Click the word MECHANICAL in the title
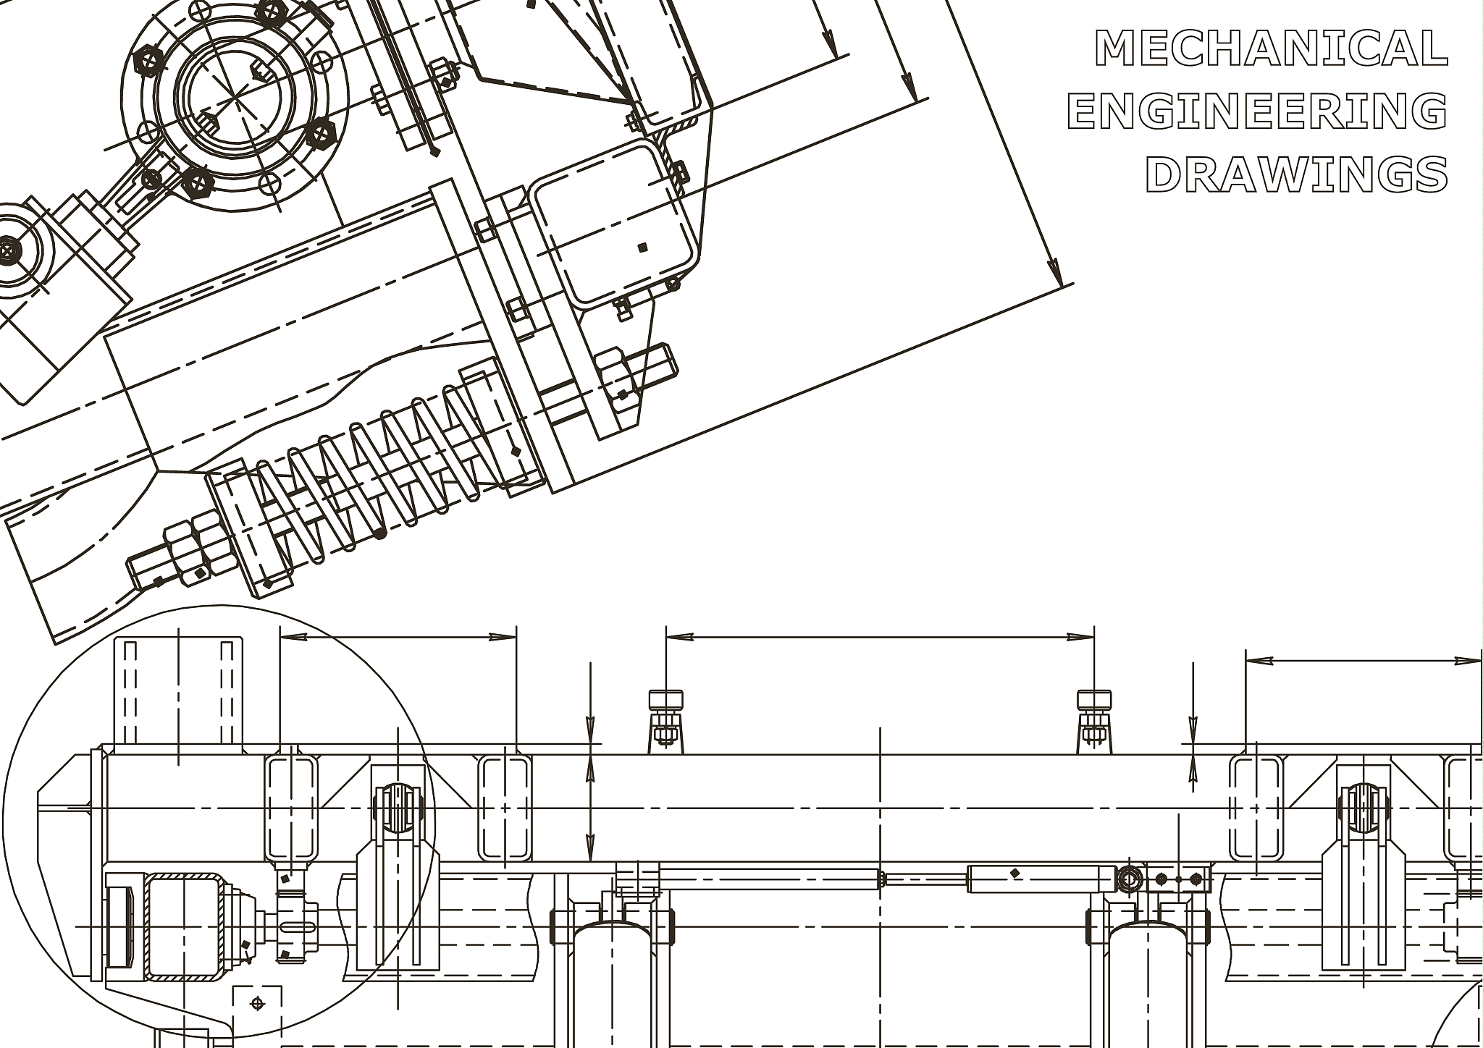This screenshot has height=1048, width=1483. click(1271, 48)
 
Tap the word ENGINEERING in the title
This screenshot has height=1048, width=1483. click(1257, 111)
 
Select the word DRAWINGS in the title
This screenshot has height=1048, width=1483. click(1296, 174)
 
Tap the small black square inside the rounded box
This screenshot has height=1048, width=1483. click(642, 248)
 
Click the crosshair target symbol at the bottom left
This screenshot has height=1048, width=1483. click(256, 1003)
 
